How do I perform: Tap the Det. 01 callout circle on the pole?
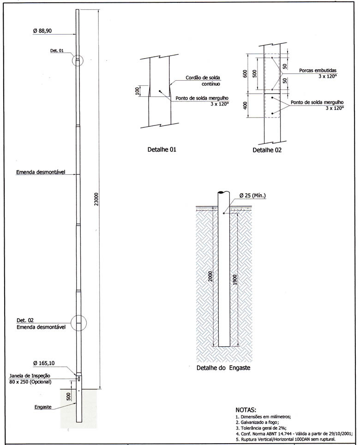point(78,60)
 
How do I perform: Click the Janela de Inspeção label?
point(30,376)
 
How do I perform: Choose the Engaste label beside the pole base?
point(42,407)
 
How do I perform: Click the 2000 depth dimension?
point(210,276)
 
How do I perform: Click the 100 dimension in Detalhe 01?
point(137,90)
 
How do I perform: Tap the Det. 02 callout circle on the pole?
point(78,322)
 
